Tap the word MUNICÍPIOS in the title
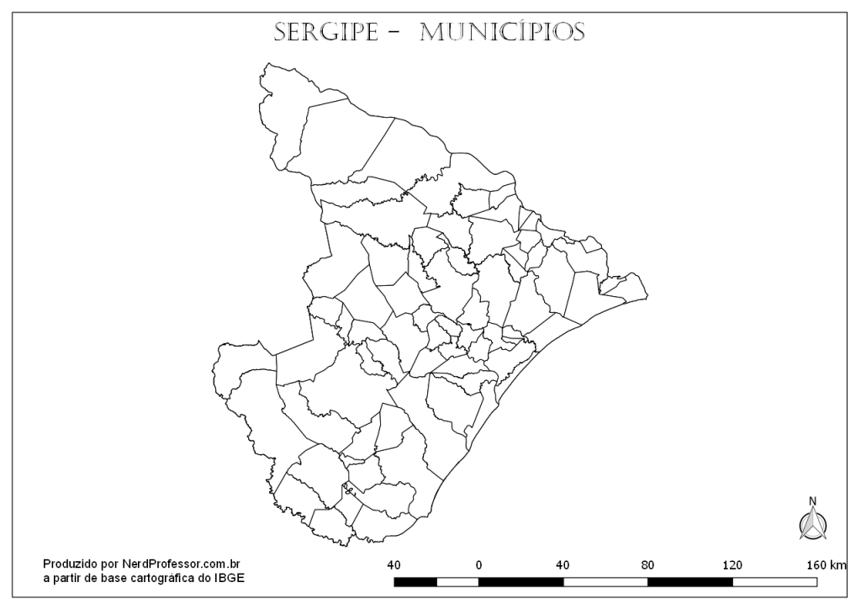point(502,31)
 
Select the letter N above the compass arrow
point(812,502)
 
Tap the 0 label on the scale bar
point(478,564)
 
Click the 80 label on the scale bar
point(647,564)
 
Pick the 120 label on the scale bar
point(732,564)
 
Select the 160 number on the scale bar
point(814,564)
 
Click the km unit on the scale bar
point(837,564)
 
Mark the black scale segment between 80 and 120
point(689,581)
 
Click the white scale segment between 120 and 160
point(774,581)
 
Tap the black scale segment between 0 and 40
point(520,581)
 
